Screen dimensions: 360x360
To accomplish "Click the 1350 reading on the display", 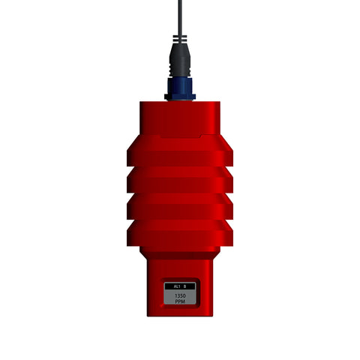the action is click(x=180, y=296).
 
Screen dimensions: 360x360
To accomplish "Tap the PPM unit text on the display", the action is click(x=180, y=301).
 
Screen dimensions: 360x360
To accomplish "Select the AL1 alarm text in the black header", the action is click(x=177, y=286).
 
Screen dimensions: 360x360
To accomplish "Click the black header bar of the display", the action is click(x=180, y=286).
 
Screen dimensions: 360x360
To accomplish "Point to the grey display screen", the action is click(x=180, y=294).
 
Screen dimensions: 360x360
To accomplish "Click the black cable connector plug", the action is click(x=180, y=60).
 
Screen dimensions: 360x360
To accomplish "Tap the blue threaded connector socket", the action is click(x=180, y=88).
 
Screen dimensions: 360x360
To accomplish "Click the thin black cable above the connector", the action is click(x=180, y=17).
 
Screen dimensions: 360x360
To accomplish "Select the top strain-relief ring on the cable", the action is click(x=180, y=37).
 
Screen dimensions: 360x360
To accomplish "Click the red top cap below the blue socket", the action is click(x=180, y=118).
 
